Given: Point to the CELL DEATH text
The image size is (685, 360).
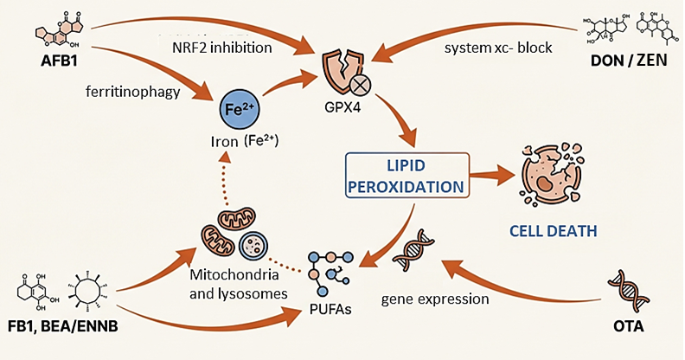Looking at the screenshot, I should coord(554,231).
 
